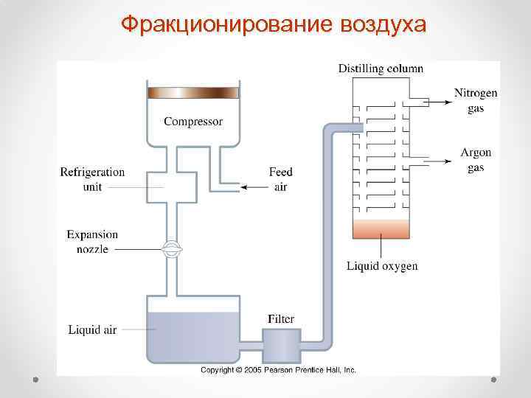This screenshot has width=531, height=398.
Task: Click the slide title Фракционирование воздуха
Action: [274, 24]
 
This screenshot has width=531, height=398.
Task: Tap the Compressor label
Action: [192, 121]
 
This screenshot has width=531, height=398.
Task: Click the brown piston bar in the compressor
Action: [193, 93]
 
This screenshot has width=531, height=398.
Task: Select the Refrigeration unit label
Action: [92, 178]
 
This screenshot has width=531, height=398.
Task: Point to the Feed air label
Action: [280, 179]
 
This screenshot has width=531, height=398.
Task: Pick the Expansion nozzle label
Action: [92, 242]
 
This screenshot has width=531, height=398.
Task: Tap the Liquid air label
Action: [92, 329]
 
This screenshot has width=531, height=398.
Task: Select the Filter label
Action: [281, 319]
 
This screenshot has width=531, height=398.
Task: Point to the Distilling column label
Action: [381, 69]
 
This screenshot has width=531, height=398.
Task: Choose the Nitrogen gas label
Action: [476, 100]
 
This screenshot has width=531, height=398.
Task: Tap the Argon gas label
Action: [476, 160]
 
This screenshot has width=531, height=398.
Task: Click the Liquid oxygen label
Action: [382, 266]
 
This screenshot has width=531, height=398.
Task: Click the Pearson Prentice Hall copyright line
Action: [279, 369]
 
